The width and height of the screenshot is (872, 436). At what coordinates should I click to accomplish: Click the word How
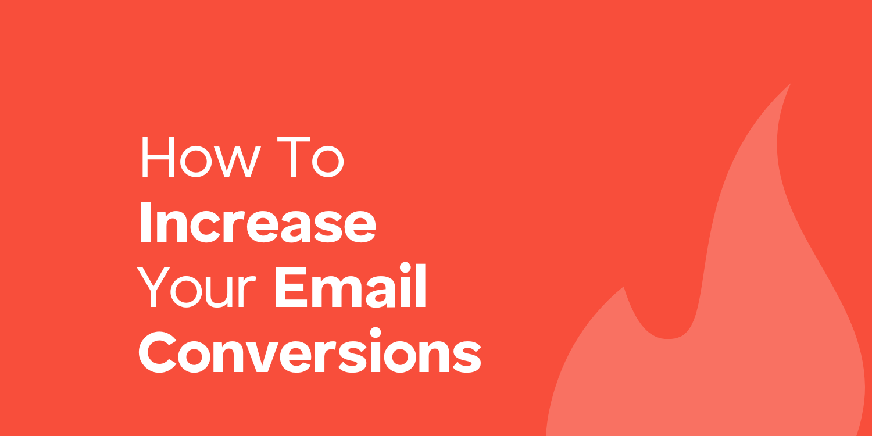click(201, 157)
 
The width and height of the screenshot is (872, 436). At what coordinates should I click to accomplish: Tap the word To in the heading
click(310, 157)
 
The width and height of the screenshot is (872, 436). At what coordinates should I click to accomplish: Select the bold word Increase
click(258, 223)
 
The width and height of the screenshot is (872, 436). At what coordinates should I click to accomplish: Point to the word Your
click(196, 287)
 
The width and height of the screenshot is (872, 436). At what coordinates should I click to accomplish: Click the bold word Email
click(351, 285)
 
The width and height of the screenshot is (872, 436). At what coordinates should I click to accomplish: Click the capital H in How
click(158, 157)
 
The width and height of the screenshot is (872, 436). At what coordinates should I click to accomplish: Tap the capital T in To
click(294, 157)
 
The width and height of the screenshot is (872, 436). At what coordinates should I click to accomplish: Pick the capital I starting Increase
click(145, 223)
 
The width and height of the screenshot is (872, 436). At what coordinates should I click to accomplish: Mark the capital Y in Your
click(153, 287)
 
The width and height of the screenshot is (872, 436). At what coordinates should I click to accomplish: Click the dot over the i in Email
click(405, 267)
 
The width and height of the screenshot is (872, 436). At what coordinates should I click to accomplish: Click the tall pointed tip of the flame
click(790, 84)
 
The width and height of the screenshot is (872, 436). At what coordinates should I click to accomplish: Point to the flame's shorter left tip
click(623, 287)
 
